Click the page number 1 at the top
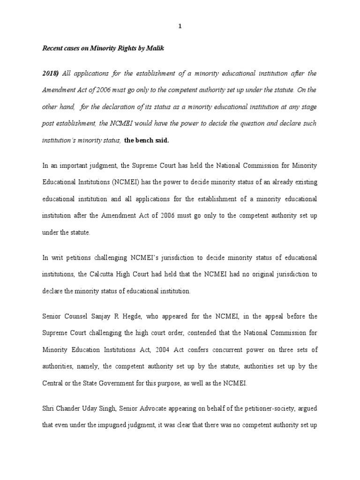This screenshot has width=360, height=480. pos(180,26)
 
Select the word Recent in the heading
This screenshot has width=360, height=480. pos(54,48)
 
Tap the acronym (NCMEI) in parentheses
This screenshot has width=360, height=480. pos(135,182)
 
